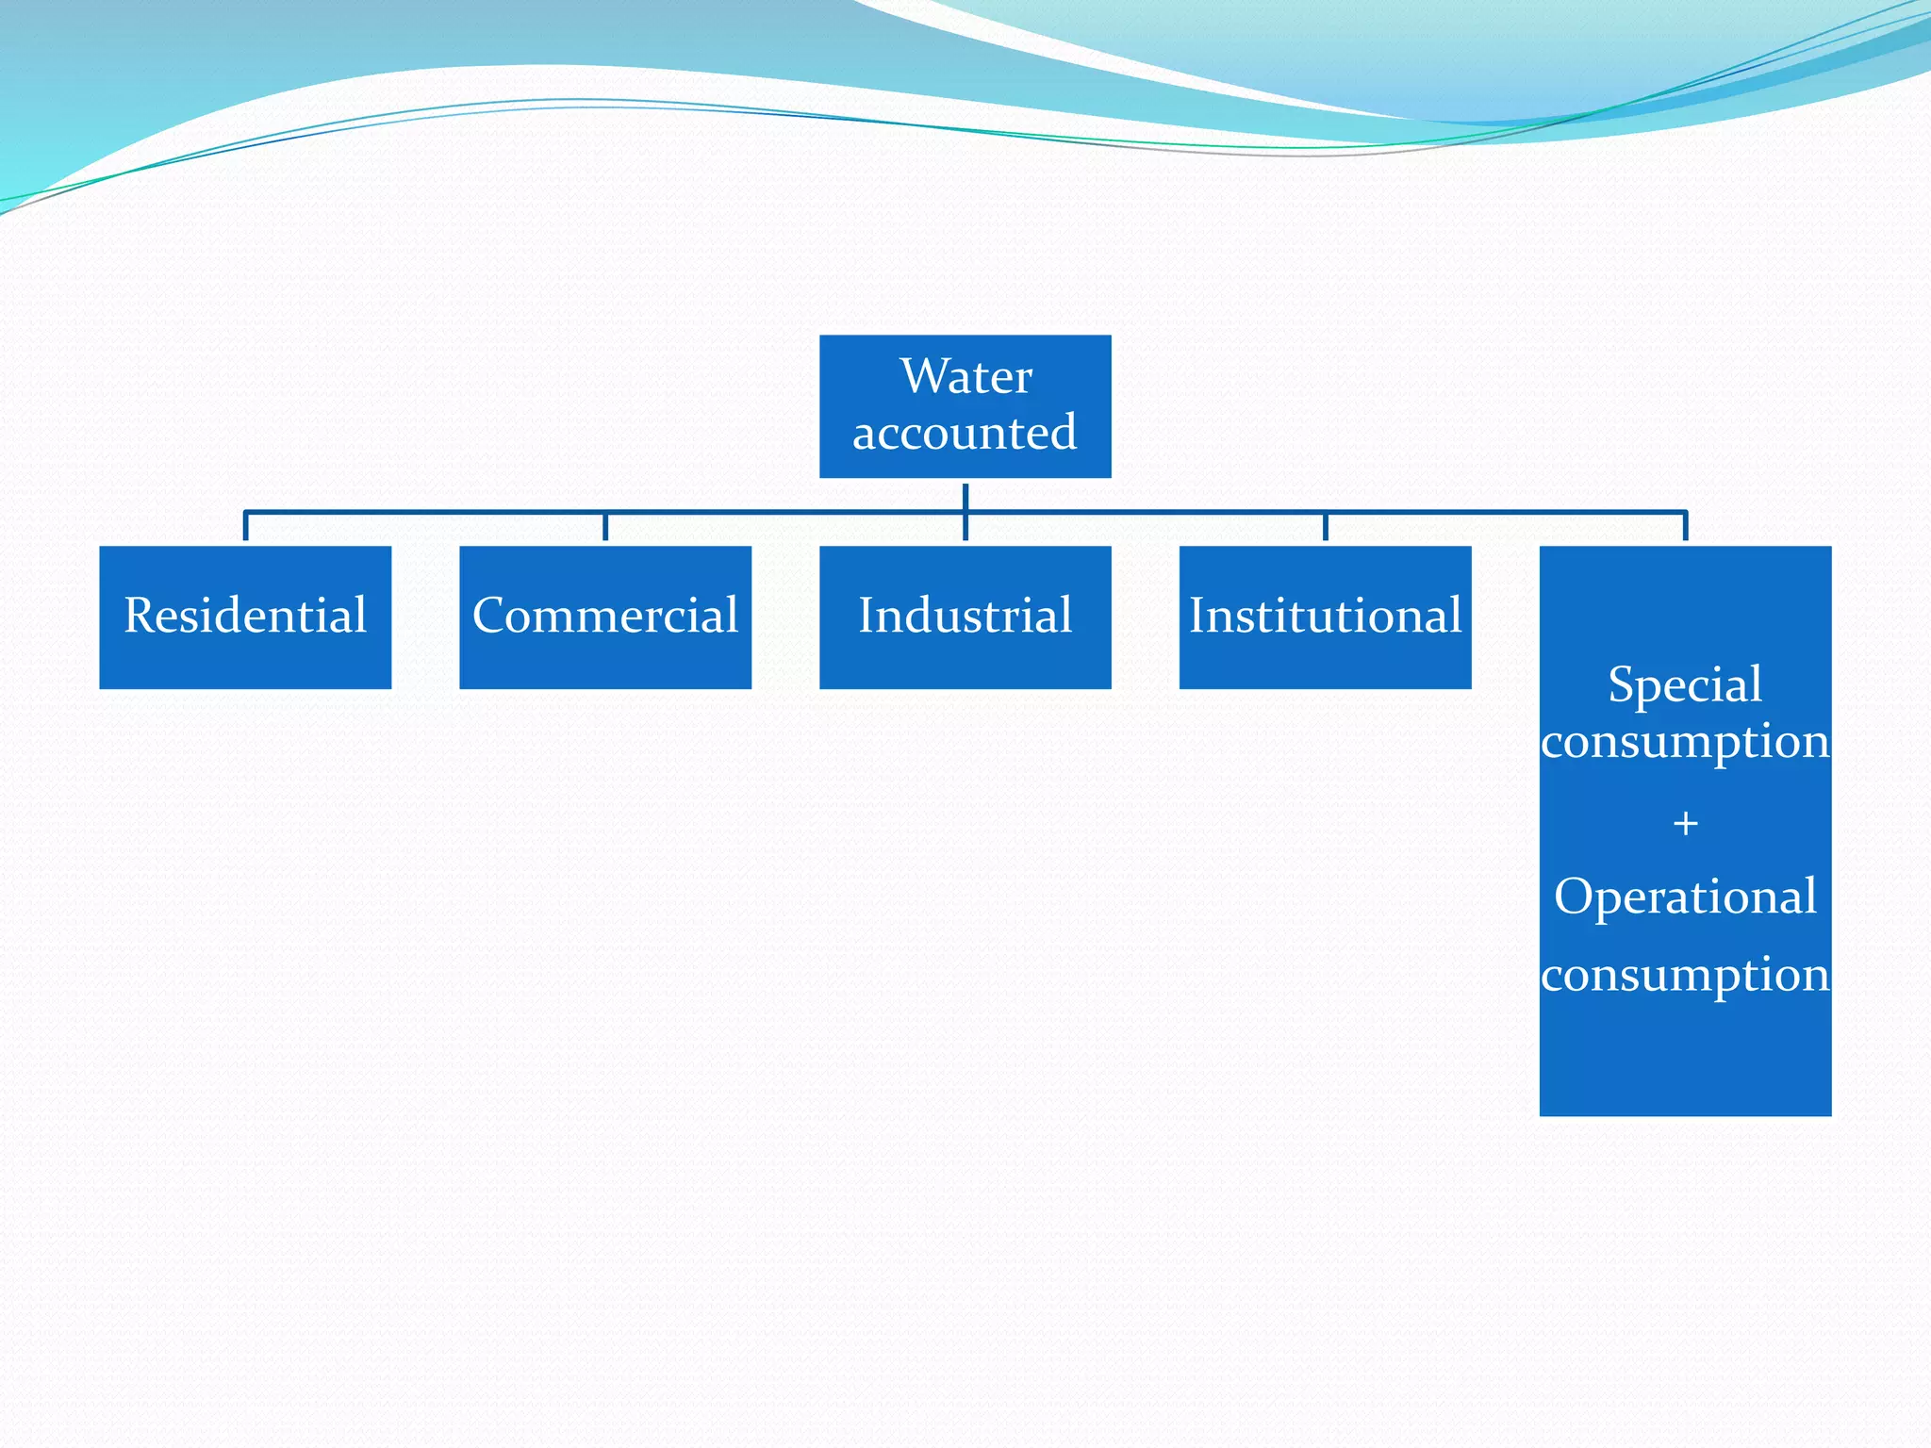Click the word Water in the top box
(965, 376)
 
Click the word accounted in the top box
(965, 433)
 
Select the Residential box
(245, 617)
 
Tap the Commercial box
(605, 617)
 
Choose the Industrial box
(965, 617)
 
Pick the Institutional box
(1325, 617)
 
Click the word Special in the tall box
(1685, 683)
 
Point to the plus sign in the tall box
(1685, 824)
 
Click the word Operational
(1685, 897)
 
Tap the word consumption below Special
(1685, 742)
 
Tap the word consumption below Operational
(1685, 975)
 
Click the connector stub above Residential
(245, 526)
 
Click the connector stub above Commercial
(605, 526)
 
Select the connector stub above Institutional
(1325, 526)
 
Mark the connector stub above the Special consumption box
(1685, 526)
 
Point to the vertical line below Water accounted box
(965, 497)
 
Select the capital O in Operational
(1574, 896)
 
